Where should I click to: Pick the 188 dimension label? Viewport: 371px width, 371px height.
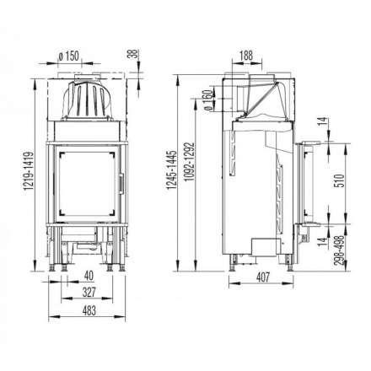point(244,56)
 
